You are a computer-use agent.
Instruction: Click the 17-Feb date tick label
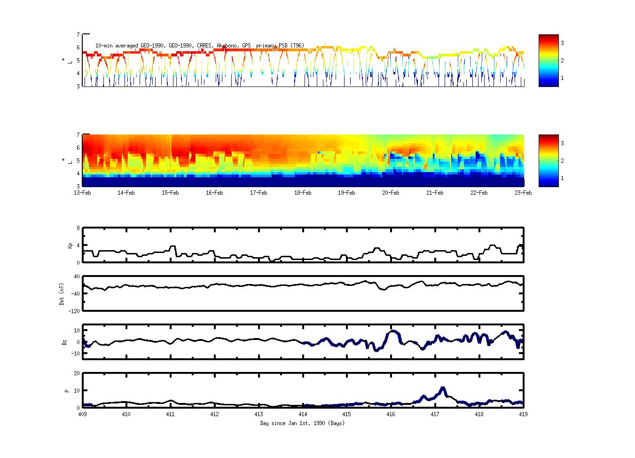tap(259, 193)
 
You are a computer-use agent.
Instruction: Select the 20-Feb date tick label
tap(391, 193)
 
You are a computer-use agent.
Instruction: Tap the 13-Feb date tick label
tap(82, 193)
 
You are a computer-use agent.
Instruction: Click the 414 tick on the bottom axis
tap(303, 415)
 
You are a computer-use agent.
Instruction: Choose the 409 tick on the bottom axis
tap(82, 415)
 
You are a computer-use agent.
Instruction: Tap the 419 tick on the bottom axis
tap(523, 415)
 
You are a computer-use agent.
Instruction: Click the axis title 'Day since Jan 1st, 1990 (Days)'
tap(302, 423)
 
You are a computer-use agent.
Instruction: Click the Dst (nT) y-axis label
tap(62, 294)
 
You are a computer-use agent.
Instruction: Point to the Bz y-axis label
tap(64, 342)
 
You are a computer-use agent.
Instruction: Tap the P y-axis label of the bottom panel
tap(67, 391)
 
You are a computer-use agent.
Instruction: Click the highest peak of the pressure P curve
tap(442, 388)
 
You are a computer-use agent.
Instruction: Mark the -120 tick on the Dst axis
tap(74, 311)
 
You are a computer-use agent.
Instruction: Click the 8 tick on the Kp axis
tap(78, 228)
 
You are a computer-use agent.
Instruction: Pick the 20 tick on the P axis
tap(76, 373)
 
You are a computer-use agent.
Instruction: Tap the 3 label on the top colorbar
tap(562, 43)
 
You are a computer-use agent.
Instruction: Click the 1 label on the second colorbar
tap(562, 178)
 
